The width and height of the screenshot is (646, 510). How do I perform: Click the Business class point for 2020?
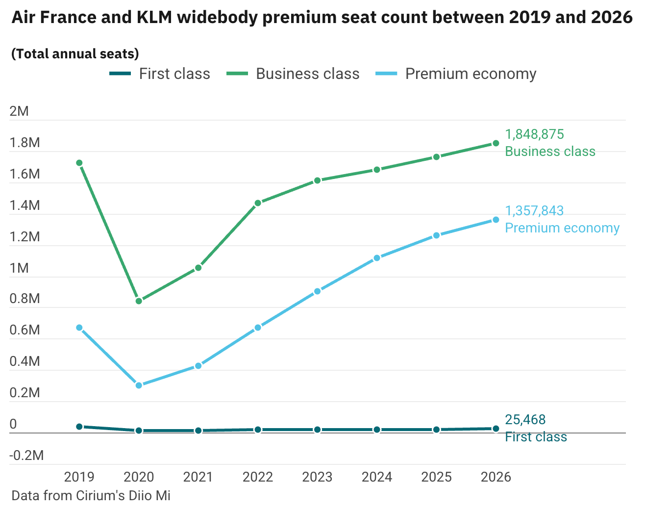click(x=139, y=301)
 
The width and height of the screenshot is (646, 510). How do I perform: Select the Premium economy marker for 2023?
click(x=317, y=291)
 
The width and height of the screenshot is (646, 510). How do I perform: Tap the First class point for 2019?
click(x=79, y=427)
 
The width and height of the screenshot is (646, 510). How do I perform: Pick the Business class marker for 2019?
click(x=79, y=163)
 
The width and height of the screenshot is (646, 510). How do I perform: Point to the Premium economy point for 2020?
click(x=139, y=385)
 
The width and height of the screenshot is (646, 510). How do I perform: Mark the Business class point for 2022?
click(x=258, y=203)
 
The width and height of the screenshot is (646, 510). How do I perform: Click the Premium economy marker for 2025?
click(x=436, y=235)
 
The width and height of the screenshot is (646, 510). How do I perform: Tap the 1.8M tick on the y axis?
click(x=25, y=143)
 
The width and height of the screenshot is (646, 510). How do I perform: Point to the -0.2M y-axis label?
click(x=26, y=456)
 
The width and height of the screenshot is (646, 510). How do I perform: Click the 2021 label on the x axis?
click(x=198, y=477)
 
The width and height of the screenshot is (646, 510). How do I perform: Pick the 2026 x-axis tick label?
click(x=496, y=477)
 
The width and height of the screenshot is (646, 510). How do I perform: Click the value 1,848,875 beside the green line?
click(x=534, y=134)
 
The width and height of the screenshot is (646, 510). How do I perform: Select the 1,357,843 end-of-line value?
click(x=534, y=211)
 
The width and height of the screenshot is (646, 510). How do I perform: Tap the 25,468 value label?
click(x=525, y=420)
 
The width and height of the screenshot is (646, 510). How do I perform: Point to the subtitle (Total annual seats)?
click(x=75, y=53)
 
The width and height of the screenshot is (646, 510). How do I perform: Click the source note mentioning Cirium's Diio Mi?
click(x=91, y=495)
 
